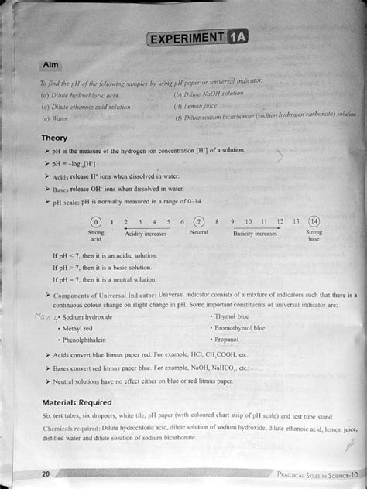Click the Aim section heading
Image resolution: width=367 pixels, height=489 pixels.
pos(56,67)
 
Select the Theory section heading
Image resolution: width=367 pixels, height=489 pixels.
pos(53,138)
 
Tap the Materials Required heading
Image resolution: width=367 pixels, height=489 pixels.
pos(77,402)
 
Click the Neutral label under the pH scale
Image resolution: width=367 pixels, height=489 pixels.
pos(198,233)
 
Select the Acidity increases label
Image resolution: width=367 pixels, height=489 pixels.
pos(145,233)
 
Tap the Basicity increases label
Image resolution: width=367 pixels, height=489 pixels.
pos(255,233)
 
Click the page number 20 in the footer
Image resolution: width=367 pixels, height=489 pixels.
pos(46,474)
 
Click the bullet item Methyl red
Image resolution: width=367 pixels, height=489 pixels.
pos(77,328)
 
